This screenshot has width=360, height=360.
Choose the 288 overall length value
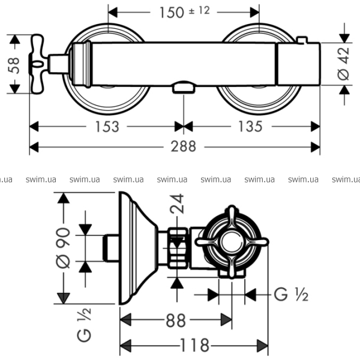[184, 146]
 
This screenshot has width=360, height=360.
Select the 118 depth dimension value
[194, 346]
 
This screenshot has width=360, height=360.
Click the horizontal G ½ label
[290, 295]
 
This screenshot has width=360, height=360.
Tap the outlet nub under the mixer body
[183, 88]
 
